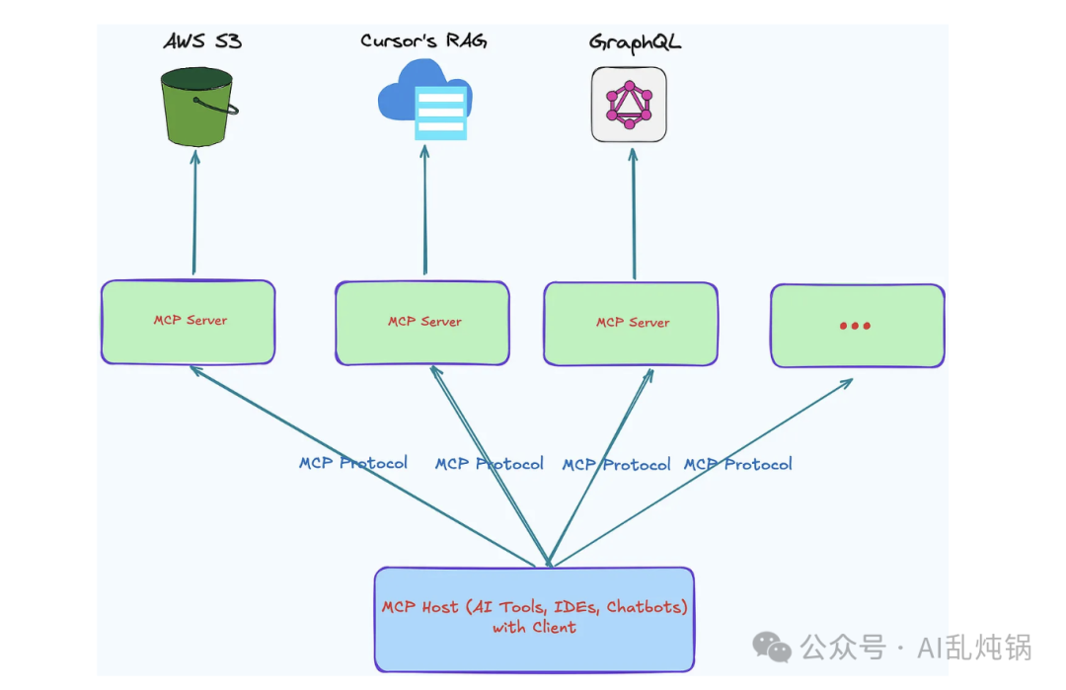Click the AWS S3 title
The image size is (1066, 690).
tap(202, 41)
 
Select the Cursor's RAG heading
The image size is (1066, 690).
tap(423, 41)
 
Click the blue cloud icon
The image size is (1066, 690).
tap(423, 100)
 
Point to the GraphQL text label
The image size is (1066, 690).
tap(635, 42)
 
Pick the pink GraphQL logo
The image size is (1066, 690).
tap(629, 105)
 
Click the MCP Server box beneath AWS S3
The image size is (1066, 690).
tap(189, 322)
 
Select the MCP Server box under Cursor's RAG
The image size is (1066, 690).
tap(422, 323)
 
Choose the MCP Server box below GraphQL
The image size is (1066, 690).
tap(632, 324)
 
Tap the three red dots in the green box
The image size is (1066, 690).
tap(855, 326)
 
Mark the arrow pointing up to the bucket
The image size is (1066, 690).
tap(194, 212)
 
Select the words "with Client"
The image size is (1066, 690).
tap(534, 628)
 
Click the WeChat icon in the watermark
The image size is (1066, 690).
tap(772, 648)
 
